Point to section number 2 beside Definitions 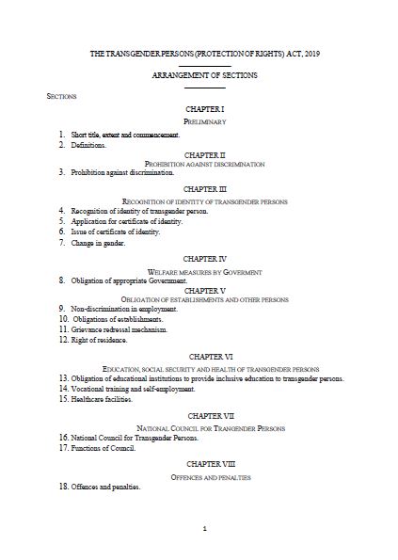point(62,145)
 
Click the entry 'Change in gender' point(98,242)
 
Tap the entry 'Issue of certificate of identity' point(116,231)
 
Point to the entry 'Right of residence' point(100,340)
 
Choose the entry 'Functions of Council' point(103,448)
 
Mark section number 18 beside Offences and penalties point(63,487)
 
